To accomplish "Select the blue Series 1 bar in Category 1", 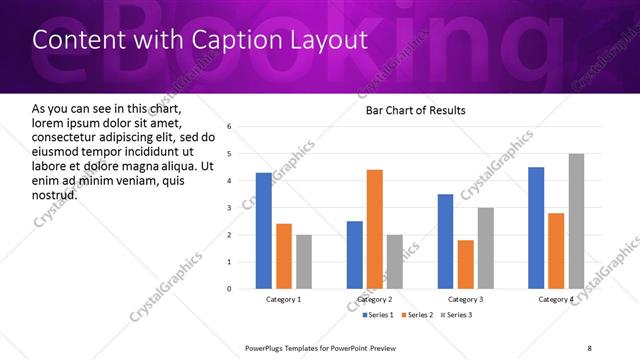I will pos(263,231).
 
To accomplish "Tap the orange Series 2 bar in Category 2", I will pos(375,229).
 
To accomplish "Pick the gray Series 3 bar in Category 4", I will pos(576,221).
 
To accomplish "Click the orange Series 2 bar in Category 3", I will pos(466,264).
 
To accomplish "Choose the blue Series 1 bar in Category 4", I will pos(536,228).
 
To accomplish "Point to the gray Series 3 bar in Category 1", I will pos(304,262).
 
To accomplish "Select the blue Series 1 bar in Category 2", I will pos(355,255).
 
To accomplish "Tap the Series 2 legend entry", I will pos(415,315).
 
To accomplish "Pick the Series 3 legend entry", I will pos(457,315).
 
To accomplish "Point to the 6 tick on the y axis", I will pos(229,127).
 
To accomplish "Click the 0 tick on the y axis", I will pos(229,289).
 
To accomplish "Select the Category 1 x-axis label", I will pos(283,299).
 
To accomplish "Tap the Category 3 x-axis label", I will pos(465,299).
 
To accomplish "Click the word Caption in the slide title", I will pos(226,39).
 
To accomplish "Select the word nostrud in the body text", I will pos(55,194).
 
